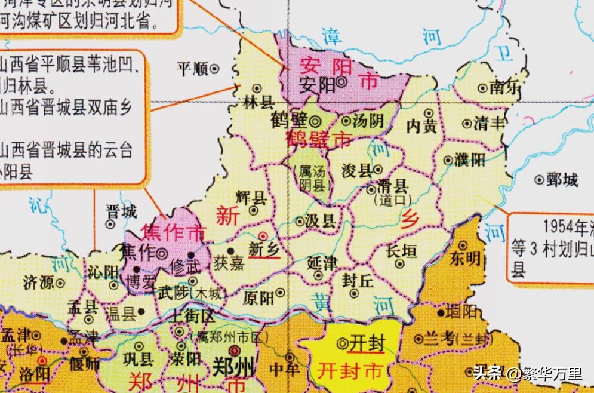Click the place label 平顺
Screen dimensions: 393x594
pos(192,69)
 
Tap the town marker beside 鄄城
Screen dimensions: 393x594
pos(540,179)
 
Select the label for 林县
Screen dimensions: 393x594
pos(258,102)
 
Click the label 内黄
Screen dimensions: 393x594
pos(421,127)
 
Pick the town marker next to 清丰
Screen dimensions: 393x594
pos(467,124)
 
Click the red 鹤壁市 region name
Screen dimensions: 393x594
pos(318,140)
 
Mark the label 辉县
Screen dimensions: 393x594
pos(251,197)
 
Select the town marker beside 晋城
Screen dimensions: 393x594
pos(110,225)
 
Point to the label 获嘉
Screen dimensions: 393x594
pos(229,263)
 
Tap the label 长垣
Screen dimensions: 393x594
pos(401,251)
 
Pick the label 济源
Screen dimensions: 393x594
pos(39,281)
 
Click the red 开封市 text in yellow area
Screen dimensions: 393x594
pos(349,371)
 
